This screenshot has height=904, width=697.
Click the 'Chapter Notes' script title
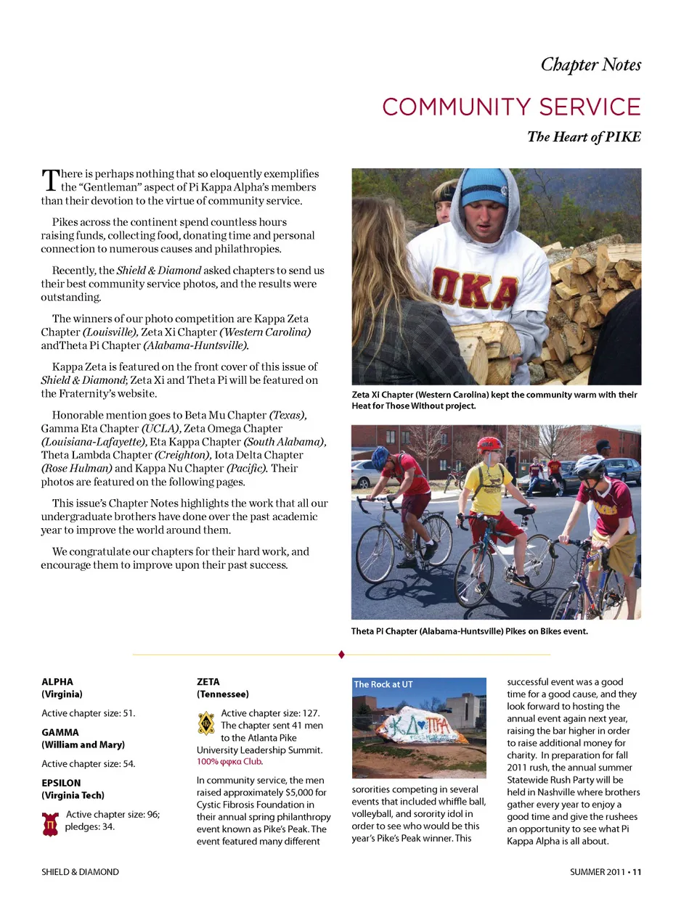[x=590, y=65]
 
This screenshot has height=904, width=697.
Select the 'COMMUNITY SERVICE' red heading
[x=511, y=107]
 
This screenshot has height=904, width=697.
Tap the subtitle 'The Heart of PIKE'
[x=584, y=137]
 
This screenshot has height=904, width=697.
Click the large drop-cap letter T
[x=49, y=181]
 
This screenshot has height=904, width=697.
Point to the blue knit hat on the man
[x=484, y=187]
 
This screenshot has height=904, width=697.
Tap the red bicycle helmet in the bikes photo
[x=489, y=443]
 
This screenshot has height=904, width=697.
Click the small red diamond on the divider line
[x=341, y=654]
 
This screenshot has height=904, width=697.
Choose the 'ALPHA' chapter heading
[x=57, y=682]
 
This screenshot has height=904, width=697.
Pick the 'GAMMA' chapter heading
[x=60, y=733]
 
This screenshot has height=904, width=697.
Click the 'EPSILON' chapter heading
[x=61, y=784]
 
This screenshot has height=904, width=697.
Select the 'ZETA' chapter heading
[x=208, y=682]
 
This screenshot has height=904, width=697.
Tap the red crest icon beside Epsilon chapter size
[x=50, y=823]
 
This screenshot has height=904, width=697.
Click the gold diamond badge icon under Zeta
[x=206, y=723]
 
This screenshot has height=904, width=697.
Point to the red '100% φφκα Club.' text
[x=229, y=762]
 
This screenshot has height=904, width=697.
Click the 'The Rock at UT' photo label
[x=383, y=684]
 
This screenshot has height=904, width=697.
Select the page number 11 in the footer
[x=637, y=872]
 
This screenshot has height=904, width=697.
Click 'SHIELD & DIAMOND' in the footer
[x=80, y=872]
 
